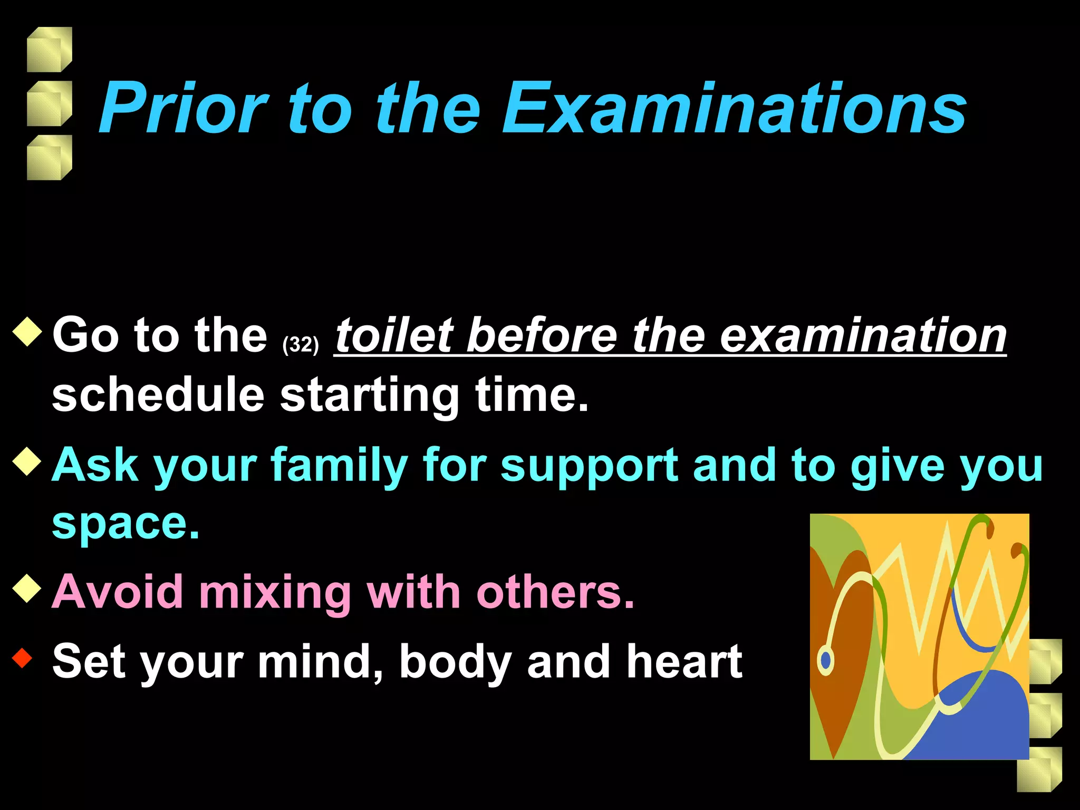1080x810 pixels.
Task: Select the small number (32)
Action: click(x=301, y=345)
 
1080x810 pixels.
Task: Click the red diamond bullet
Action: click(x=22, y=658)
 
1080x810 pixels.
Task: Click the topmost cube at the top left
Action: click(x=49, y=50)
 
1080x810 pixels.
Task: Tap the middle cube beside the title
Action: click(x=49, y=103)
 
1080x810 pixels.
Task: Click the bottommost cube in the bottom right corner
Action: click(x=1038, y=769)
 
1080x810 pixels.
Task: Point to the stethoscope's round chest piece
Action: click(x=826, y=660)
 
